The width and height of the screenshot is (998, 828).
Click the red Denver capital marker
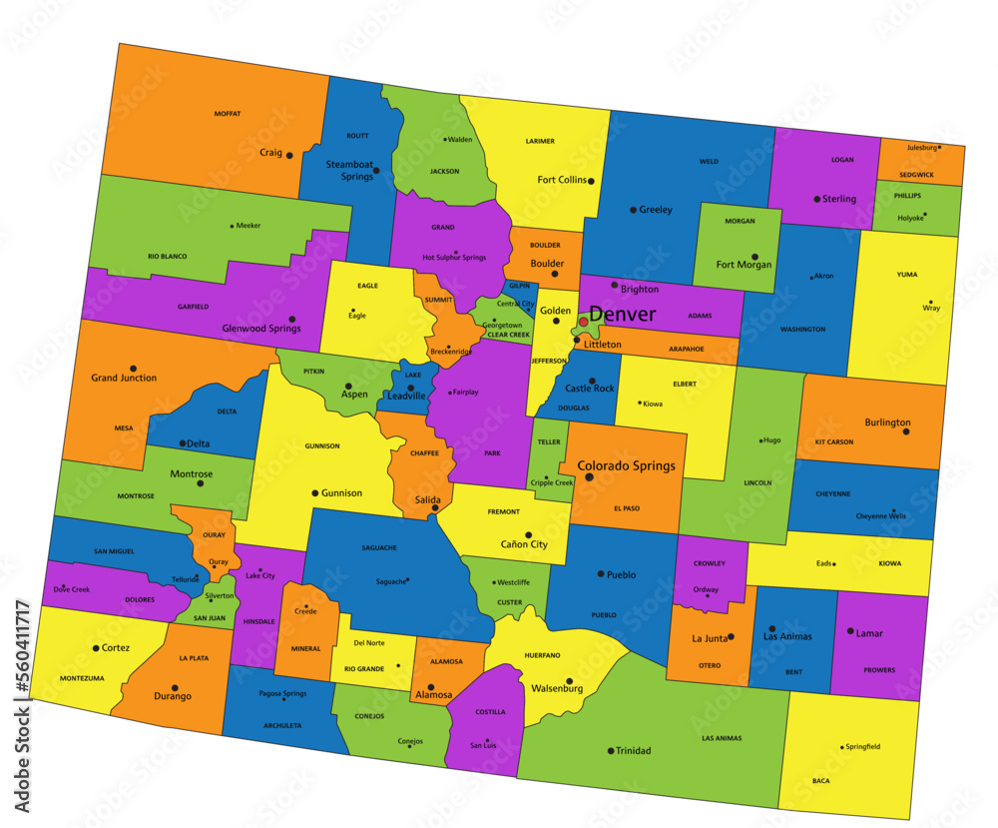point(584,322)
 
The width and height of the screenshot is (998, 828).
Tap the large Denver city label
point(622,315)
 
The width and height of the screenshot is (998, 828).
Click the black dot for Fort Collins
point(592,181)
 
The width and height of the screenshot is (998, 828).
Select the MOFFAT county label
point(228,114)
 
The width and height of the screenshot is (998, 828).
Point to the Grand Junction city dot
point(133,368)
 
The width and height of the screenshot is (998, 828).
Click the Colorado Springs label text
point(626,465)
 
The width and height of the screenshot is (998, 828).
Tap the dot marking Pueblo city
point(600,574)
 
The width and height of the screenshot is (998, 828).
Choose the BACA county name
point(820,780)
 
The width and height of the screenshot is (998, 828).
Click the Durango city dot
point(175,687)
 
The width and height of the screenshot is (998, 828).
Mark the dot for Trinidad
point(611,750)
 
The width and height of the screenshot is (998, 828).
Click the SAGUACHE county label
point(379,547)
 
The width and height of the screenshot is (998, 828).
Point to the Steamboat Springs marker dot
point(376,171)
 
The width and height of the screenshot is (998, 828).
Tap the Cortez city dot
point(96,648)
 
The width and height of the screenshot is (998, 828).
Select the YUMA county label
point(906,274)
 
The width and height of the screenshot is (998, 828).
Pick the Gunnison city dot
point(315,493)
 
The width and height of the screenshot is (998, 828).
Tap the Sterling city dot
point(817,199)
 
